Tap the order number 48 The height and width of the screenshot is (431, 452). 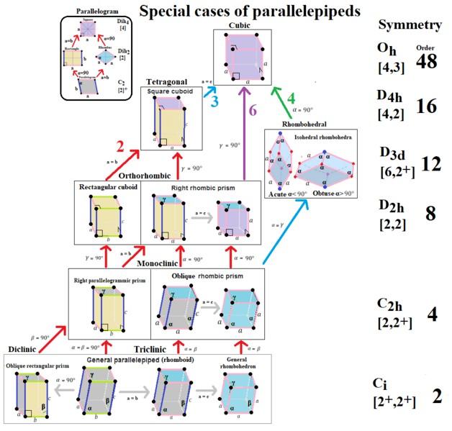426,62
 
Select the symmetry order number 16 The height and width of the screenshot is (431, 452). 427,106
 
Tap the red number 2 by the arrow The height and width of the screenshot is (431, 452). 121,148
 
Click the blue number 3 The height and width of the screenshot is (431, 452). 214,101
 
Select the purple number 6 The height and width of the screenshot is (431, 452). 253,110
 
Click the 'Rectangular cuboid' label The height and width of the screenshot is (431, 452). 108,189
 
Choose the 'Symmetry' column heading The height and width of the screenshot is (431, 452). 410,25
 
